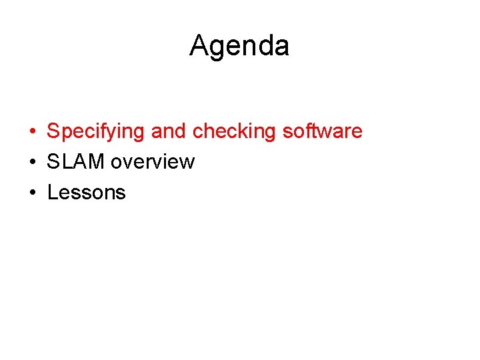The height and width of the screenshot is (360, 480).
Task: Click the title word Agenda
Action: pos(239,47)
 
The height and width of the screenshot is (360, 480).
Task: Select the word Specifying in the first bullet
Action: pos(95,132)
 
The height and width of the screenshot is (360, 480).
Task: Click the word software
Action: pos(323,131)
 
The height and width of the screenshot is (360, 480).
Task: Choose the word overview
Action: pos(153,162)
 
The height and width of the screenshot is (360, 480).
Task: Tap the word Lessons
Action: pos(87,193)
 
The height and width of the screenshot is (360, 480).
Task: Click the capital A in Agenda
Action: pos(199,46)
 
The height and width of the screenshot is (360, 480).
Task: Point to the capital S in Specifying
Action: pos(53,131)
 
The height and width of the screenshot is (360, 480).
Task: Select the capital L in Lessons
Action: pos(52,193)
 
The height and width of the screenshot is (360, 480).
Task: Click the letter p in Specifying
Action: pos(64,133)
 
